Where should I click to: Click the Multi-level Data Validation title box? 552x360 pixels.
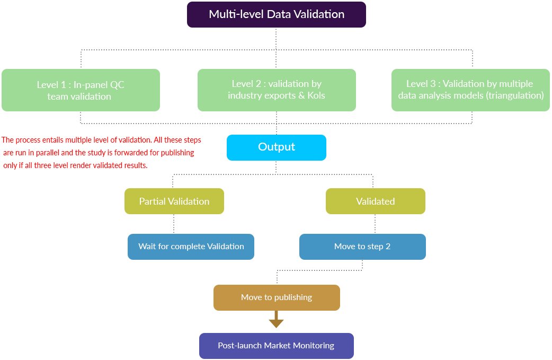[277, 14]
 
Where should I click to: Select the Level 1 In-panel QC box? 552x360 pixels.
[81, 90]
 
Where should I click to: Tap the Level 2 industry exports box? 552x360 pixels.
[277, 90]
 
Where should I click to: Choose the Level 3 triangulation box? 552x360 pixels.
[470, 90]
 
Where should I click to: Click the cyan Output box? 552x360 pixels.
[277, 147]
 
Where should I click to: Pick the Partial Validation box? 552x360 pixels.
[174, 201]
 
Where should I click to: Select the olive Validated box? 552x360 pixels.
[375, 201]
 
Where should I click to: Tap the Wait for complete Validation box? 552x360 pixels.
[191, 247]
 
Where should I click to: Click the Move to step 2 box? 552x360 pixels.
[362, 247]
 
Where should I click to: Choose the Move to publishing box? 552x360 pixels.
[277, 297]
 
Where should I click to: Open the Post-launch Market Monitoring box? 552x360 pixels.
[277, 346]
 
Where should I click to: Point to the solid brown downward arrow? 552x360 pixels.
[277, 319]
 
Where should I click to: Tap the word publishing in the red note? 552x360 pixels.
[177, 153]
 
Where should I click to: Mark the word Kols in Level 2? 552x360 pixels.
[316, 95]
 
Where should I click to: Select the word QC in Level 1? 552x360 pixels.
[117, 85]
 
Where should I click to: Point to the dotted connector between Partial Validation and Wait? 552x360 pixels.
[174, 224]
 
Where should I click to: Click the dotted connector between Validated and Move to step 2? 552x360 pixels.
[375, 224]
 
